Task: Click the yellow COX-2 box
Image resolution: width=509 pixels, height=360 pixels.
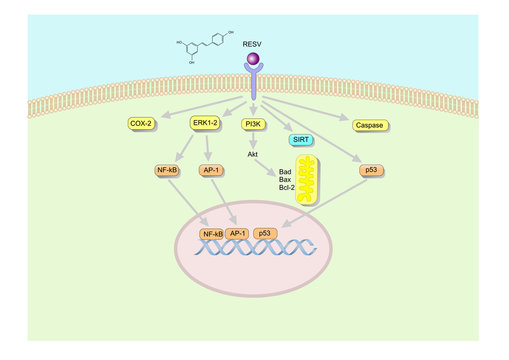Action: click(x=142, y=124)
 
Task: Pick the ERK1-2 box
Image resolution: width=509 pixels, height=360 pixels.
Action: click(x=205, y=124)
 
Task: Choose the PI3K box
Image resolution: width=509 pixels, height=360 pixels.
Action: click(x=254, y=124)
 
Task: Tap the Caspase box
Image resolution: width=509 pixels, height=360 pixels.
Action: click(x=369, y=125)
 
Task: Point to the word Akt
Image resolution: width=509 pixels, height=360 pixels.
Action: click(x=253, y=155)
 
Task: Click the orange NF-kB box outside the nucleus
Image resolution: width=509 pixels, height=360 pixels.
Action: click(x=168, y=170)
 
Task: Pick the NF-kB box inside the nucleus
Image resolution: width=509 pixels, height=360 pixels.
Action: click(x=213, y=233)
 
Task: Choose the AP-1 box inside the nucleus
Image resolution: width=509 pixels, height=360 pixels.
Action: click(x=238, y=233)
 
